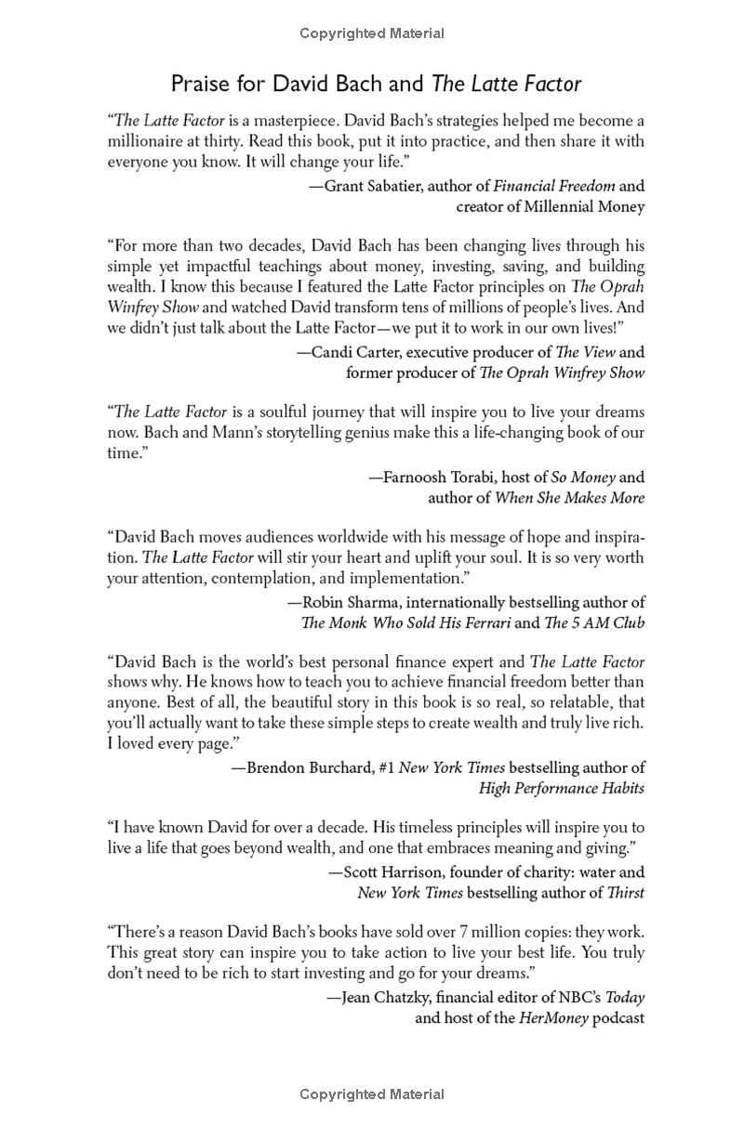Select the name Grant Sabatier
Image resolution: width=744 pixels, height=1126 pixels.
point(371,185)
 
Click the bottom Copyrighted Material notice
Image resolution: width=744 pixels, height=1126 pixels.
point(372,1094)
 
